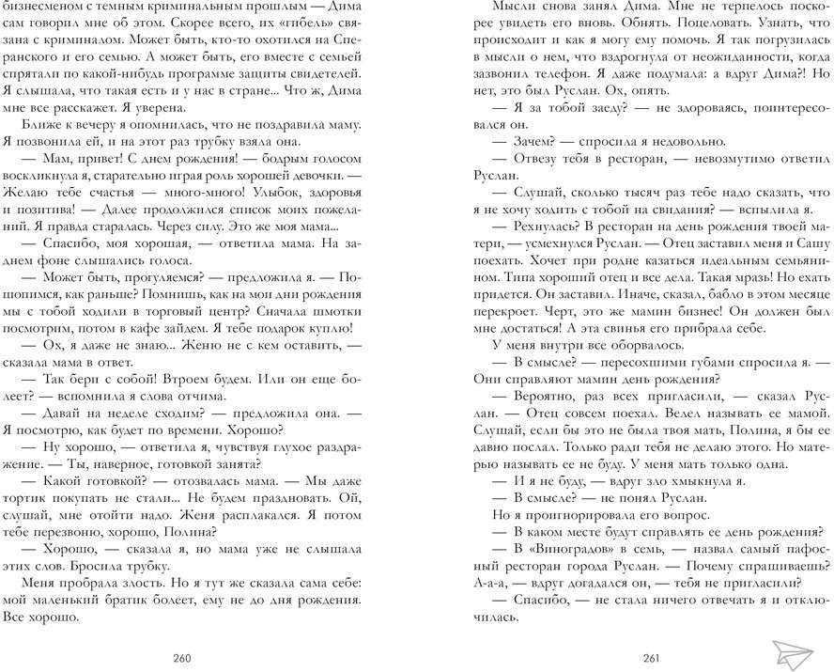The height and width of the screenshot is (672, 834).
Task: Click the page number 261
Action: [x=651, y=656]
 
